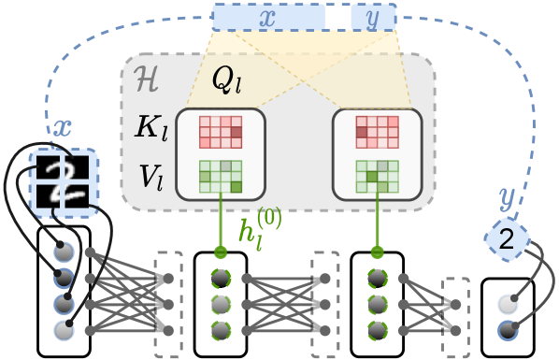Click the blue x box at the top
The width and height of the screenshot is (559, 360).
267,17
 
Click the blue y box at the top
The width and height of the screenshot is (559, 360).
372,17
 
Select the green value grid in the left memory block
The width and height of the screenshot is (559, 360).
221,176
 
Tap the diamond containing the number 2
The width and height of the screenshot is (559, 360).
507,241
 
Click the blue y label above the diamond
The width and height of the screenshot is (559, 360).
507,197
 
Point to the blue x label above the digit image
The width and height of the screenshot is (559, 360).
61,129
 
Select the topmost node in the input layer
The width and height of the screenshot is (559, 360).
64,252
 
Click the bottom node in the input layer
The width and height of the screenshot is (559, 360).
64,330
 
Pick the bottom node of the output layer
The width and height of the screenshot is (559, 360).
508,330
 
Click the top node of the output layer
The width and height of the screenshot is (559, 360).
508,304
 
